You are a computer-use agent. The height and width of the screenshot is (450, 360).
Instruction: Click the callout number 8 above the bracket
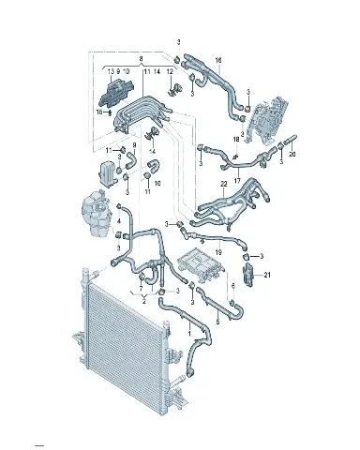(x=141, y=58)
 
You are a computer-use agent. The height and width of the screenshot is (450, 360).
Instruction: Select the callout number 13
(x=111, y=71)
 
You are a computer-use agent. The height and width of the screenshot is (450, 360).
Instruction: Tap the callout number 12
(x=170, y=71)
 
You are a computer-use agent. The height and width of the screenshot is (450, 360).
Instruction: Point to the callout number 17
(x=237, y=180)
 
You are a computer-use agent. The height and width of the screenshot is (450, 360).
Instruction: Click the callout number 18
(x=236, y=139)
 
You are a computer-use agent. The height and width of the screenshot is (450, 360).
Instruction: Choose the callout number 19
(x=218, y=252)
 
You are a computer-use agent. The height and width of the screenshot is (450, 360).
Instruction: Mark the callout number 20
(x=292, y=154)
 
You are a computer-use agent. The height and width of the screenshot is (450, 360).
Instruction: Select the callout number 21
(x=267, y=275)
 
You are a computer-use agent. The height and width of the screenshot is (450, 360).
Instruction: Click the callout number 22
(x=224, y=185)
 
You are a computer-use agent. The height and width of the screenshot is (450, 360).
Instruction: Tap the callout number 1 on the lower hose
(x=189, y=334)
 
